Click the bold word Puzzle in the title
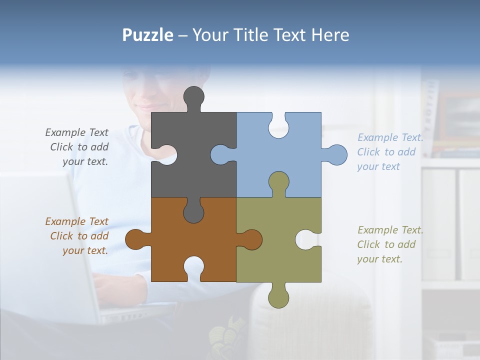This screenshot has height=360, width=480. [148, 35]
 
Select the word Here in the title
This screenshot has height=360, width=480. [330, 35]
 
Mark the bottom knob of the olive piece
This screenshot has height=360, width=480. [278, 297]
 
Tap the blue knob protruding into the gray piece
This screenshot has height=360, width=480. [221, 154]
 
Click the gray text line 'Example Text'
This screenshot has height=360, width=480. [76, 132]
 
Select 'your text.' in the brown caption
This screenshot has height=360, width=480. [85, 250]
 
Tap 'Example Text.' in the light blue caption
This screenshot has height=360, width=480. [390, 137]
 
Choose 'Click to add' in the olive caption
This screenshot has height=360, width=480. [386, 244]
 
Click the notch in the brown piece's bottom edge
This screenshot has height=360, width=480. [193, 267]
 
